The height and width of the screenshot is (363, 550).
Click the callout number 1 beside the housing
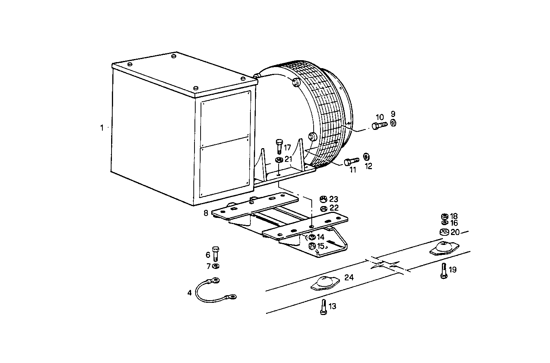click(102, 128)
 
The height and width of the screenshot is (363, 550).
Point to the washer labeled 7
click(216, 265)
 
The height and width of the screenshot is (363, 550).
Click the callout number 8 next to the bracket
click(206, 213)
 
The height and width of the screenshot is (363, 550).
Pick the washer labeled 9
click(393, 122)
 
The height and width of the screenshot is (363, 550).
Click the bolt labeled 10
click(378, 126)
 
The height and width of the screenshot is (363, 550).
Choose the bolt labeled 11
click(351, 161)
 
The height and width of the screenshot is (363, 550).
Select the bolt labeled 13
click(323, 306)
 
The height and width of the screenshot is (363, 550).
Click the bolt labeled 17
click(279, 146)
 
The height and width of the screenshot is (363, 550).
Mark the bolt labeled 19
click(443, 271)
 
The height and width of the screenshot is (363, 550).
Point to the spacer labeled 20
click(443, 232)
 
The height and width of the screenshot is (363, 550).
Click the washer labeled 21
click(279, 160)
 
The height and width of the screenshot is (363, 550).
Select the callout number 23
click(334, 199)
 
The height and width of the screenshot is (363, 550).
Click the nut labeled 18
click(443, 216)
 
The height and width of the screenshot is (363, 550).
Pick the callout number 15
click(321, 246)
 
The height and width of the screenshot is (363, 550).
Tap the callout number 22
click(334, 208)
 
